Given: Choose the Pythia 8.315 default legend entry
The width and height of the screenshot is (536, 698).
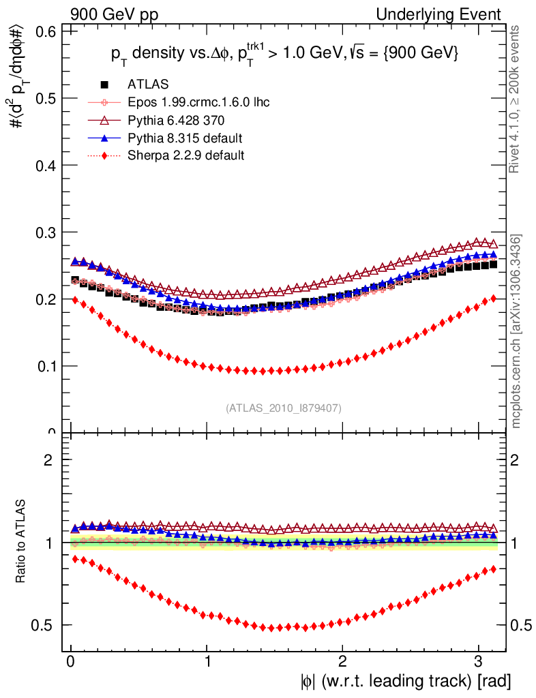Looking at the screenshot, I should click(x=185, y=138).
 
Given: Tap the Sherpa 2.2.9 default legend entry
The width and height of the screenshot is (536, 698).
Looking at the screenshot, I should click(x=185, y=155).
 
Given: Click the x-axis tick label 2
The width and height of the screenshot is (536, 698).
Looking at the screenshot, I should click(x=342, y=661).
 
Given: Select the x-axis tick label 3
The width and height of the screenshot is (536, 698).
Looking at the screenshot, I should click(x=478, y=661).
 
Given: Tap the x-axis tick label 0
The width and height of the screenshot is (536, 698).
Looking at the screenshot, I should click(x=71, y=661).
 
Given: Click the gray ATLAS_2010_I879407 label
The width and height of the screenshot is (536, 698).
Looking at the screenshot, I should click(x=284, y=408).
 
